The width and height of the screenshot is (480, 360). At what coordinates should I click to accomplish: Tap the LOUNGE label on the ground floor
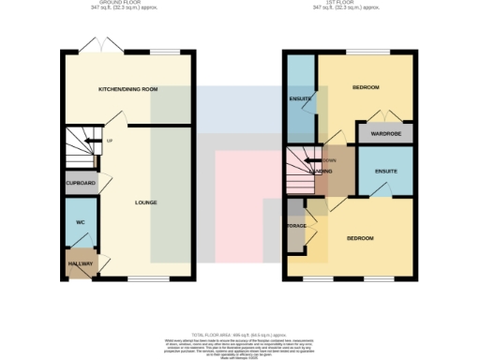[145, 202]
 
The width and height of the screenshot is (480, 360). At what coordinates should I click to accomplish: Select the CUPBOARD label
[82, 185]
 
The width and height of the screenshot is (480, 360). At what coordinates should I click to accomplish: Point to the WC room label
[81, 223]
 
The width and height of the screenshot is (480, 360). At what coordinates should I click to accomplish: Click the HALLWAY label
[81, 265]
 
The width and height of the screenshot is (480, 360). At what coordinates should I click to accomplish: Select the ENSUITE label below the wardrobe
[385, 172]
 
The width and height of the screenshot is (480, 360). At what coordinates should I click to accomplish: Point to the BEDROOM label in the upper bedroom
[366, 88]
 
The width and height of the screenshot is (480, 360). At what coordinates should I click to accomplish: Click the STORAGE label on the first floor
[296, 226]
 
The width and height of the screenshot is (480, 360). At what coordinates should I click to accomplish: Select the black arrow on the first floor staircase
[315, 162]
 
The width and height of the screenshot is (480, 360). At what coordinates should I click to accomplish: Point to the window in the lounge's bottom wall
[142, 278]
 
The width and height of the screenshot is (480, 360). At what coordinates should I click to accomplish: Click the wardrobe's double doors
[385, 117]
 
